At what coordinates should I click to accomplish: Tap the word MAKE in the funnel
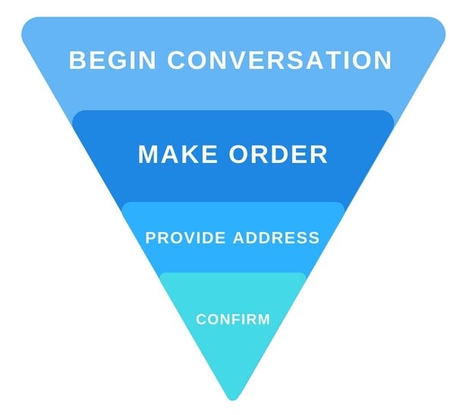(177, 154)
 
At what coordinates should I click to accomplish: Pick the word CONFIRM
(233, 319)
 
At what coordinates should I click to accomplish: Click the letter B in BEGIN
(77, 60)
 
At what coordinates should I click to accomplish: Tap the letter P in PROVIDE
(150, 237)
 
